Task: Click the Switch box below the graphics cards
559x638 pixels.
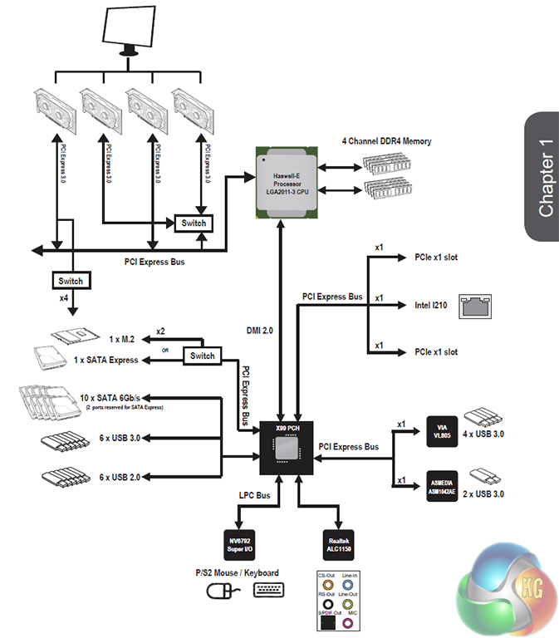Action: [194, 223]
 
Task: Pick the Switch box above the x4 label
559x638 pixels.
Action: [72, 280]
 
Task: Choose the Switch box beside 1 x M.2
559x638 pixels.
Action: [202, 356]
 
